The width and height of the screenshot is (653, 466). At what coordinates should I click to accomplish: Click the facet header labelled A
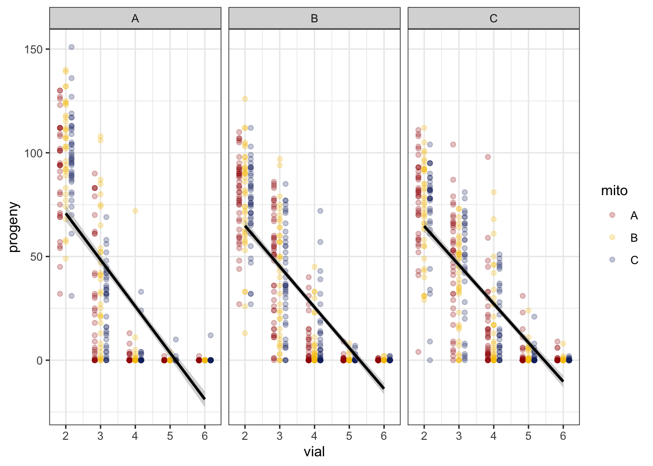pyautogui.click(x=135, y=18)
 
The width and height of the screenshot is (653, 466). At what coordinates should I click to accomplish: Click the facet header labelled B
pyautogui.click(x=314, y=18)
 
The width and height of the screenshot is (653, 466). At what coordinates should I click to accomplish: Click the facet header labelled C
pyautogui.click(x=493, y=18)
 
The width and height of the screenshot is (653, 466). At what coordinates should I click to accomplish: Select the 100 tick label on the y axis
pyautogui.click(x=34, y=153)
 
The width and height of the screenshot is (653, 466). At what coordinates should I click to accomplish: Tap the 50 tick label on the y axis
pyautogui.click(x=36, y=257)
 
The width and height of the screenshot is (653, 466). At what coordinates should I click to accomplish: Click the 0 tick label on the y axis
pyautogui.click(x=39, y=361)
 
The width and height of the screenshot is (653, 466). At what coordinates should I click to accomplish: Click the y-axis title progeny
pyautogui.click(x=14, y=227)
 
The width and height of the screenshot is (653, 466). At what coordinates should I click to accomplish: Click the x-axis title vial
pyautogui.click(x=314, y=452)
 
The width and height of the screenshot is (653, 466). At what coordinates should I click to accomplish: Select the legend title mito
pyautogui.click(x=614, y=191)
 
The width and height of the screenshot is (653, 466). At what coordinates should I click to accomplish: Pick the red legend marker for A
pyautogui.click(x=612, y=215)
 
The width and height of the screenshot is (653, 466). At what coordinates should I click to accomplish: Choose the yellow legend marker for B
pyautogui.click(x=612, y=237)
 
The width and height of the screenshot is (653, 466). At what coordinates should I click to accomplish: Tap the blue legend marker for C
pyautogui.click(x=612, y=260)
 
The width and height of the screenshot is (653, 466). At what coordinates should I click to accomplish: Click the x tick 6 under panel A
pyautogui.click(x=205, y=436)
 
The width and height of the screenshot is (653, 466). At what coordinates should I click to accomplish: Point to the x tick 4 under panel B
pyautogui.click(x=314, y=436)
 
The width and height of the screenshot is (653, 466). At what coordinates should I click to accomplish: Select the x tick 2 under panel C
pyautogui.click(x=424, y=436)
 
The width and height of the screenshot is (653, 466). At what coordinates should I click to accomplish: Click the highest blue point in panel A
pyautogui.click(x=71, y=47)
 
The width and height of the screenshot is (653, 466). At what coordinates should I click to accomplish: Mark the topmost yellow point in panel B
pyautogui.click(x=245, y=99)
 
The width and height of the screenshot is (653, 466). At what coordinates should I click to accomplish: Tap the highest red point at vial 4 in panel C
pyautogui.click(x=488, y=157)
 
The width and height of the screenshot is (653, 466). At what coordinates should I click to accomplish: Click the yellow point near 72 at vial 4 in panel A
pyautogui.click(x=135, y=211)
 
